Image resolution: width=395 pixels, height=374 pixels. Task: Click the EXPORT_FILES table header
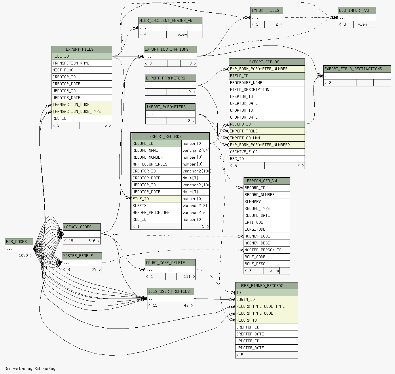[82, 50]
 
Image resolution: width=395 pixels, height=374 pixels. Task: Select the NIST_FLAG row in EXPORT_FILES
[82, 70]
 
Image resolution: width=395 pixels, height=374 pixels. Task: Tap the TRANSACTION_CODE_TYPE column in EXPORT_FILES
[82, 111]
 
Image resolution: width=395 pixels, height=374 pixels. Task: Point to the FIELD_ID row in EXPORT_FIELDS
[267, 76]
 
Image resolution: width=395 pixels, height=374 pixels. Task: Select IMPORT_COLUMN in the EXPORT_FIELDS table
[267, 138]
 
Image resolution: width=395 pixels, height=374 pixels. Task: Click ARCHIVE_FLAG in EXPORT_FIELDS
[267, 152]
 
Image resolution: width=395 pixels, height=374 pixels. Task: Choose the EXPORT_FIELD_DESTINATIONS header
[357, 69]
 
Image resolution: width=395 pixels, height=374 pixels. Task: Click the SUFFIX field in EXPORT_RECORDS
[157, 206]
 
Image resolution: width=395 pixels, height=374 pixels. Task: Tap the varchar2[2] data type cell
[195, 206]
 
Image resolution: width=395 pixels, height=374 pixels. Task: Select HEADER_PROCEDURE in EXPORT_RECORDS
[157, 212]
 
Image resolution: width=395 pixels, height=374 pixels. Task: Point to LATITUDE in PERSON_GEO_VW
[267, 223]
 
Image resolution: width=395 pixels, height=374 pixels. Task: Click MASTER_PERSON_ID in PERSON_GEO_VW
[267, 250]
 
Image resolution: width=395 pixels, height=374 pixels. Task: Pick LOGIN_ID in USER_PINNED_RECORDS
[267, 300]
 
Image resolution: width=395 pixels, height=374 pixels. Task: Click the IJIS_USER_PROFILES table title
[170, 292]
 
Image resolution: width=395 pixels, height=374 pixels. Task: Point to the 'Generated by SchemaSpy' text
[30, 369]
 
